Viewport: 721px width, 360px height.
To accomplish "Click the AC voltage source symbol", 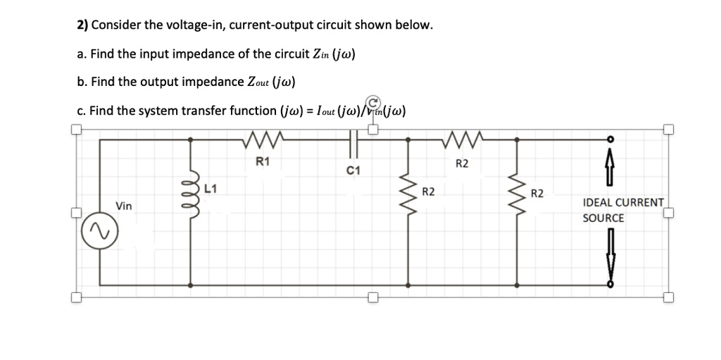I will click(100, 230).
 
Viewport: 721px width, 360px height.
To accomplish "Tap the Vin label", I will click(124, 206).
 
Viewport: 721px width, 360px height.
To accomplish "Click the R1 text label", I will click(262, 161).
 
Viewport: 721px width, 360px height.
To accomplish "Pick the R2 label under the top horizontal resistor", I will click(463, 165).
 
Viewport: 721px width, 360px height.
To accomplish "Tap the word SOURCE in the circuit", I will click(603, 218).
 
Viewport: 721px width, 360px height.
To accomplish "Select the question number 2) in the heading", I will click(83, 25).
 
